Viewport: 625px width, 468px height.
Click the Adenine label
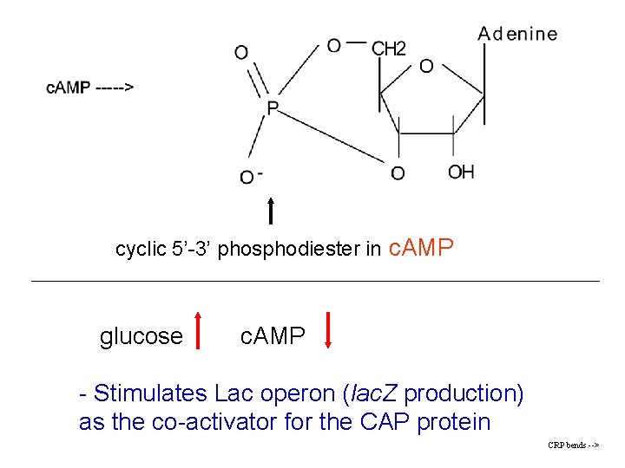tap(517, 35)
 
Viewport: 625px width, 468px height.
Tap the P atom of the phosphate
tap(273, 108)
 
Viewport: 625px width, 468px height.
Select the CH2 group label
tap(388, 49)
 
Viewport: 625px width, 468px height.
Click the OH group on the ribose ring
tap(461, 172)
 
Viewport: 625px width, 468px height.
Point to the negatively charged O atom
tap(248, 177)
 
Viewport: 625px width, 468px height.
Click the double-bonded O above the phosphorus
tap(240, 53)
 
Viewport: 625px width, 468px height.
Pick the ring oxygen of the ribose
tap(426, 66)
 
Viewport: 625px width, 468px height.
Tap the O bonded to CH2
tap(334, 45)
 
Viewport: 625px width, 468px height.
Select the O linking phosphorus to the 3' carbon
tap(397, 173)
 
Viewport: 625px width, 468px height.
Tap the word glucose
tap(141, 336)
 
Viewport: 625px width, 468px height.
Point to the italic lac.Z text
tap(375, 393)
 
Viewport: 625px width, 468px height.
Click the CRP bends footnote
tap(573, 445)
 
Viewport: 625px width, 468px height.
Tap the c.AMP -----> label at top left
tap(90, 88)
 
